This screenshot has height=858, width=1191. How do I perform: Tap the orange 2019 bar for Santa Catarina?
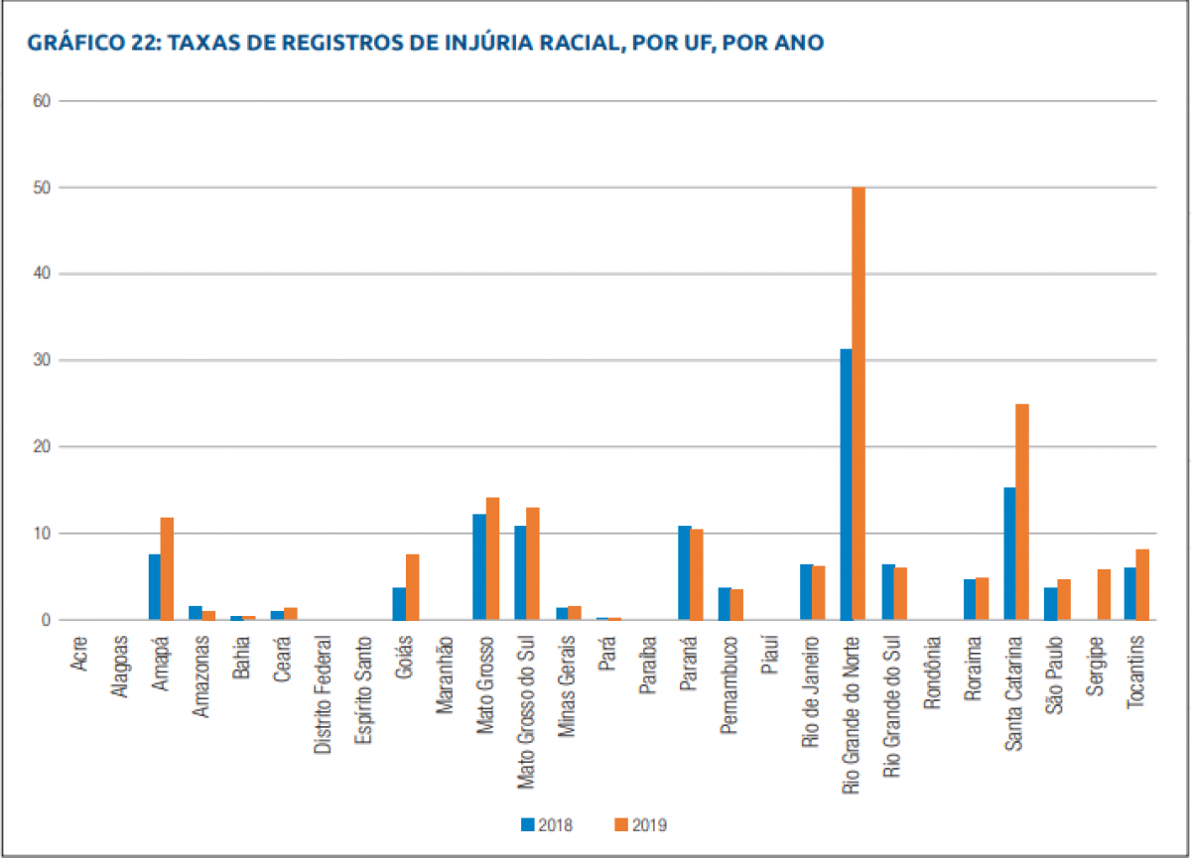click(x=1022, y=512)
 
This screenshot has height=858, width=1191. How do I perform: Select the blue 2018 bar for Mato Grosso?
click(x=479, y=566)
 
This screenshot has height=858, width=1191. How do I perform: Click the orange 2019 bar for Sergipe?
click(x=1104, y=594)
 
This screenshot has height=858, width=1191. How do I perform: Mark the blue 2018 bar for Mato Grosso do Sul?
click(x=520, y=572)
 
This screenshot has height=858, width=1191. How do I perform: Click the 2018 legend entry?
click(x=546, y=823)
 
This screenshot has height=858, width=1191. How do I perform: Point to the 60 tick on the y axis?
click(x=44, y=101)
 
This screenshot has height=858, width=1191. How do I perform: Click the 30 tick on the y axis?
click(x=44, y=361)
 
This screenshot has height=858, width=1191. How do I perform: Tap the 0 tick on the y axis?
click(x=48, y=621)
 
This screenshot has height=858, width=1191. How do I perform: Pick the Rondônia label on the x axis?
click(x=932, y=674)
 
